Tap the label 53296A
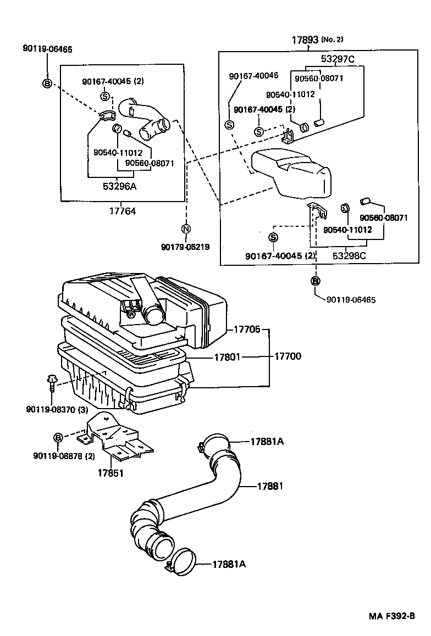[119, 186]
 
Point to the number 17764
[123, 210]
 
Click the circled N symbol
[186, 229]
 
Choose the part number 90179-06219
[186, 247]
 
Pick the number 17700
[288, 356]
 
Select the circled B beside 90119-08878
[58, 437]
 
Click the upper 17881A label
[267, 441]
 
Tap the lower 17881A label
[226, 564]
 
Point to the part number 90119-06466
[47, 48]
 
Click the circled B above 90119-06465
[316, 281]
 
